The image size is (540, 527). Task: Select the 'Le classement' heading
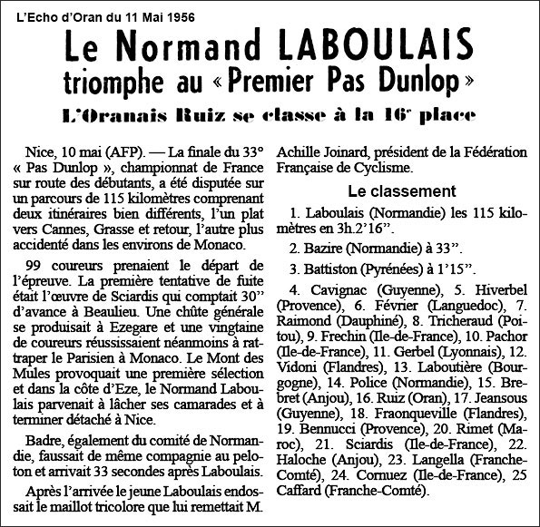402,192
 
